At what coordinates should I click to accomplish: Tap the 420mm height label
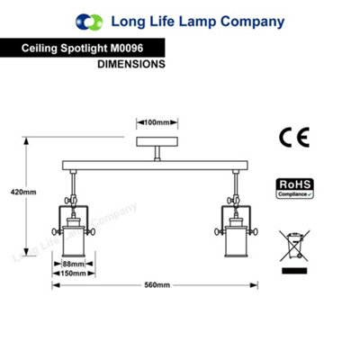tap(23, 192)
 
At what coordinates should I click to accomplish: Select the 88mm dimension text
tap(74, 264)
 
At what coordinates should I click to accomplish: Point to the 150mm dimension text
tap(74, 274)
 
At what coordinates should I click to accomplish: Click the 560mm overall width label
tap(157, 285)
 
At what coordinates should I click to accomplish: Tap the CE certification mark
tap(294, 137)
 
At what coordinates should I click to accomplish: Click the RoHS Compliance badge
tap(294, 188)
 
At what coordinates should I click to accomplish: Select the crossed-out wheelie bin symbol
tap(294, 246)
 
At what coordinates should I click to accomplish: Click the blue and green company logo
tap(89, 22)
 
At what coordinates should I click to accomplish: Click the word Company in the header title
tap(253, 22)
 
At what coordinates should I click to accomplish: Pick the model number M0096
tap(127, 48)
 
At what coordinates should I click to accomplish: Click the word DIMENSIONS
tap(131, 64)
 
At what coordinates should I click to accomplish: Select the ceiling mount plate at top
tap(157, 141)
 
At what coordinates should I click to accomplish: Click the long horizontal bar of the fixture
tap(155, 166)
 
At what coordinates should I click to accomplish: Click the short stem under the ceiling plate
tap(157, 154)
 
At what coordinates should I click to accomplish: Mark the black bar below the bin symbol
tap(294, 271)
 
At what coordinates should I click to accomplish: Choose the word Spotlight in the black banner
tap(84, 49)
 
